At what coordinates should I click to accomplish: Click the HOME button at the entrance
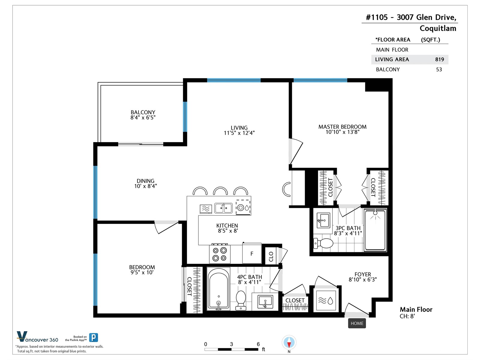pos(357,323)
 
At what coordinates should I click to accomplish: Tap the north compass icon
pos(289,342)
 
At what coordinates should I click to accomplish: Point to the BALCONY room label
pos(143,112)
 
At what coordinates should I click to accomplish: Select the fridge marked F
pos(252,253)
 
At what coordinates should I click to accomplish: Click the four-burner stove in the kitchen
pos(220,254)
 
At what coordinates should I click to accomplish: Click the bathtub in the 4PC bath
pos(218,289)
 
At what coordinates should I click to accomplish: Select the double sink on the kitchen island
pos(223,208)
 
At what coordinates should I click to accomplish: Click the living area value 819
pos(439,59)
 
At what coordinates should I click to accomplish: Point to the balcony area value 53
pos(439,70)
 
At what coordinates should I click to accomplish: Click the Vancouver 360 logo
pos(37,337)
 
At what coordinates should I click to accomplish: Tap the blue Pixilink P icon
pos(93,337)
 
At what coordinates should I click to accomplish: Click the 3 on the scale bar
pos(231,344)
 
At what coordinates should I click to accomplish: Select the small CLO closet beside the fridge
pos(271,256)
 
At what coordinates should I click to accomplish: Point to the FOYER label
pos(363,274)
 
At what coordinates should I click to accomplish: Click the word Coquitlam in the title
pos(438,28)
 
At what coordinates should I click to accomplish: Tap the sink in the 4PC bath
pos(265,301)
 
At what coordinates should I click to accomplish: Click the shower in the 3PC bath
pos(375,230)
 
